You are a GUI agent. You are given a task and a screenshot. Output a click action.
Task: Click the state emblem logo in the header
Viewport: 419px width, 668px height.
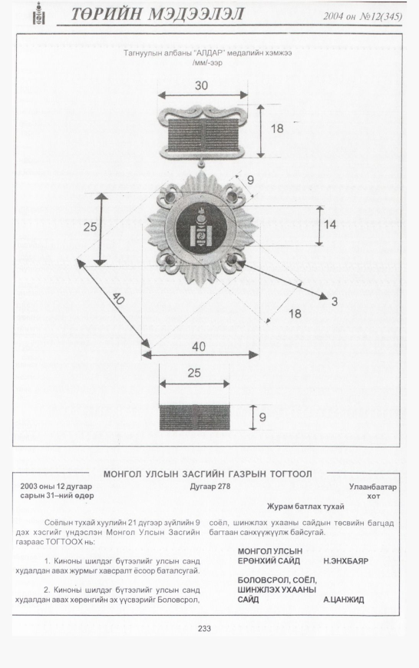tap(39, 14)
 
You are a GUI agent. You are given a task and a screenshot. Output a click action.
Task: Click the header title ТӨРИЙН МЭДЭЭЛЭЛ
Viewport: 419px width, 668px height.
tap(157, 15)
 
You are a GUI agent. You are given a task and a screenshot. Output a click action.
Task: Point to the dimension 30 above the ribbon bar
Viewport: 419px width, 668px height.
tap(201, 85)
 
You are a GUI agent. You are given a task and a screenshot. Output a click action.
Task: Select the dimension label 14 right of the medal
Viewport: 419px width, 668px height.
tap(330, 224)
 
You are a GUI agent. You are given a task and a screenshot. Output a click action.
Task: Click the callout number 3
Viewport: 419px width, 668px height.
tap(335, 301)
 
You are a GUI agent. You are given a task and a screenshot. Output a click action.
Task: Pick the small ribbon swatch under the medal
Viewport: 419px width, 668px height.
tap(194, 417)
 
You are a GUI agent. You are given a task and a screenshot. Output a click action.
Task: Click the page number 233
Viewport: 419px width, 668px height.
tap(204, 628)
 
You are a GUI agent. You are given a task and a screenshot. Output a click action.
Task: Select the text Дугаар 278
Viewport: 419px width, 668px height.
tap(210, 487)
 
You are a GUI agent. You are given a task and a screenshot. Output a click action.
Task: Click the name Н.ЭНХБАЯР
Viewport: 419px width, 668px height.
tap(345, 561)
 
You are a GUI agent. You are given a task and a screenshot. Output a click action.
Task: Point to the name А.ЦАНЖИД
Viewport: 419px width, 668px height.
tap(343, 600)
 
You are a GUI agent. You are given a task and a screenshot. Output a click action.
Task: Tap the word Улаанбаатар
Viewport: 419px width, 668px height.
tap(373, 487)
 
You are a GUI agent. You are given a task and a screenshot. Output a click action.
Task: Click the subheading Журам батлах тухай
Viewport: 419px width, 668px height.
tap(305, 507)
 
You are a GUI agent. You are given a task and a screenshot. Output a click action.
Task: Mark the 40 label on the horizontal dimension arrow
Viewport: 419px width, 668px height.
tap(199, 347)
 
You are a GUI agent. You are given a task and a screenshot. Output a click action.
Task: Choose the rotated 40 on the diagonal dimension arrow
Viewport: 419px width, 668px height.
tap(118, 299)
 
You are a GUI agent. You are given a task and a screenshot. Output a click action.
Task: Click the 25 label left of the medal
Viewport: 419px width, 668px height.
tap(91, 227)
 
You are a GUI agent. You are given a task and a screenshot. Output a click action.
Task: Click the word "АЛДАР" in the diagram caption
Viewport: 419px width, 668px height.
tap(209, 53)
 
